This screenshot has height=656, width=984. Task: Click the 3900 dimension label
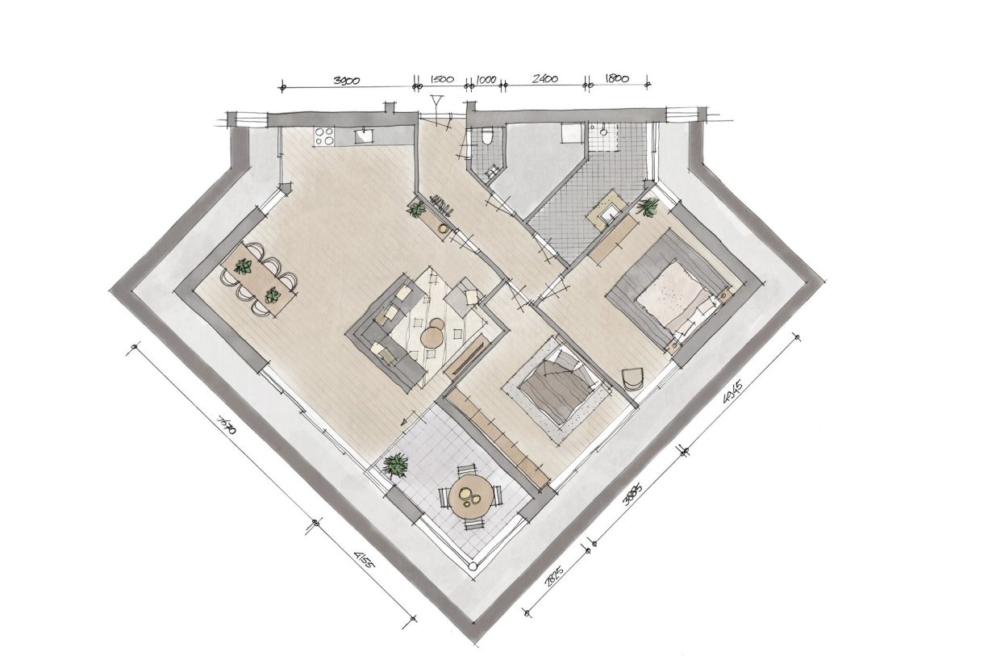click(347, 80)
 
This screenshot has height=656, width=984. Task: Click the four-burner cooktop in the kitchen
click(324, 136)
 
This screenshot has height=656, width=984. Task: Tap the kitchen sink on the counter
click(365, 136)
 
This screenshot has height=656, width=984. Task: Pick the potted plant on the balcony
click(395, 465)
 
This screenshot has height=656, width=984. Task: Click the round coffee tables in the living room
click(434, 333)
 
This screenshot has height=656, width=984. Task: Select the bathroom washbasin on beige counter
click(607, 213)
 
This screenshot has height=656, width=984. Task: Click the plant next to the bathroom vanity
click(648, 207)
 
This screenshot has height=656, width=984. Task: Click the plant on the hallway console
click(417, 210)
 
